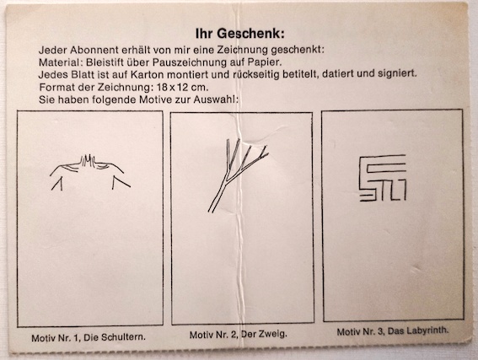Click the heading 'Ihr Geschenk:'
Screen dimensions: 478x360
pyautogui.click(x=239, y=34)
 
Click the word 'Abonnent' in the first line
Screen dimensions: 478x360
pyautogui.click(x=94, y=50)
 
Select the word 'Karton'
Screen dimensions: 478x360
pyautogui.click(x=147, y=74)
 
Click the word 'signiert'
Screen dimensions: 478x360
pyautogui.click(x=397, y=73)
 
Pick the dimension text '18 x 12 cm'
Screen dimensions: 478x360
pyautogui.click(x=182, y=88)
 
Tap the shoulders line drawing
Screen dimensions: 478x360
pyautogui.click(x=90, y=173)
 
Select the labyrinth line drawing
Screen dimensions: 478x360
pyautogui.click(x=383, y=178)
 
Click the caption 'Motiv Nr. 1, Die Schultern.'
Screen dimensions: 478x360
pyautogui.click(x=89, y=337)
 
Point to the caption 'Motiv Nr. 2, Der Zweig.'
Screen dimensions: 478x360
pyautogui.click(x=239, y=335)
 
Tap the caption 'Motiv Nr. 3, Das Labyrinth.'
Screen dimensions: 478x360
pyautogui.click(x=393, y=331)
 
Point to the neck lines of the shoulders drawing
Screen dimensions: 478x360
pyautogui.click(x=88, y=161)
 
